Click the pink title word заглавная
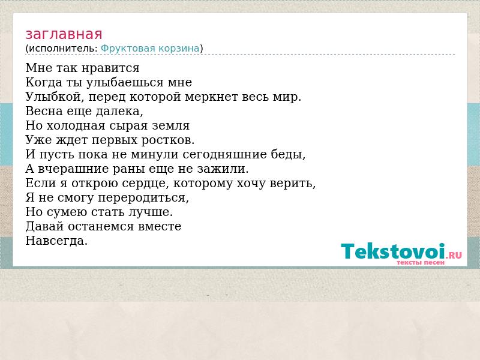(64, 34)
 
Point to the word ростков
(168, 140)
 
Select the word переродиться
(143, 198)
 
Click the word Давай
(44, 227)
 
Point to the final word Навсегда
(56, 241)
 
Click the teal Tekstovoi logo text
(393, 251)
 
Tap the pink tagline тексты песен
(421, 263)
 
